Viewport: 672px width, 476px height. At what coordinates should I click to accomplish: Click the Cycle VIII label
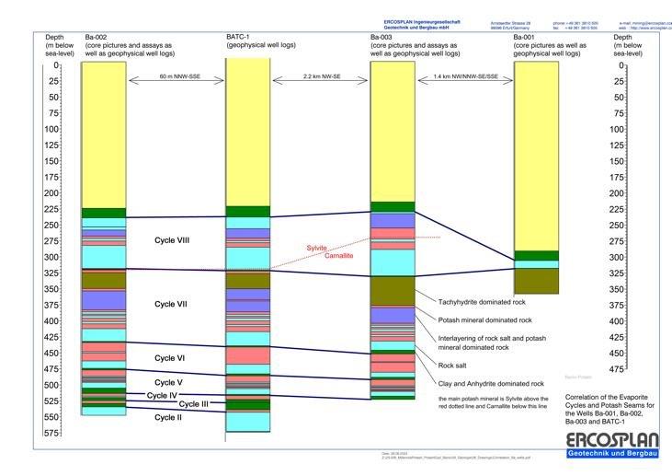(173, 239)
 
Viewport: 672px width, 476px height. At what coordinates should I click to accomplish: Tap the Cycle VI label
(170, 358)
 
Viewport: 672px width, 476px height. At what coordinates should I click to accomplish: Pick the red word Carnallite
(343, 257)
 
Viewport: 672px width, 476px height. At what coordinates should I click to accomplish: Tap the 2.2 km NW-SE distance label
(320, 78)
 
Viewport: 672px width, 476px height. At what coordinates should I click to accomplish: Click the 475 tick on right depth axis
(626, 369)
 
